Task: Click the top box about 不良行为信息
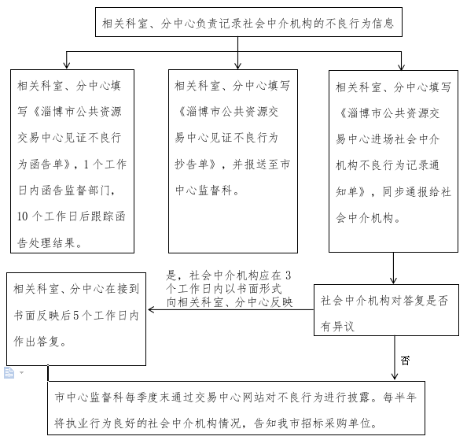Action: tap(248, 22)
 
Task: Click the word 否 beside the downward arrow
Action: tap(405, 361)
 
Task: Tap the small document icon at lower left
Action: tap(9, 372)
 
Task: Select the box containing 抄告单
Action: tap(233, 161)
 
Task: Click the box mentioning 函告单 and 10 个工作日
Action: tap(72, 161)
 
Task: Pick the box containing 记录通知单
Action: tap(393, 161)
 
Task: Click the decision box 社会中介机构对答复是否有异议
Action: tap(386, 310)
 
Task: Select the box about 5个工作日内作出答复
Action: tap(76, 319)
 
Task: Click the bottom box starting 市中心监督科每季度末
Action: tap(236, 408)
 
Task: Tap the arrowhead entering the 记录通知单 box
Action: tap(401, 67)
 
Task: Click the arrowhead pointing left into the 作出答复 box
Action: tap(151, 309)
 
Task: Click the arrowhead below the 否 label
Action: tap(395, 377)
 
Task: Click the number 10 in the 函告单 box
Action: tap(22, 216)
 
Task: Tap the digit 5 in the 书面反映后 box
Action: tap(76, 316)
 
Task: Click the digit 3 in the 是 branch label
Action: tap(288, 275)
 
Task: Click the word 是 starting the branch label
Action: tap(171, 275)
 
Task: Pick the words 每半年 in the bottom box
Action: tap(399, 397)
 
